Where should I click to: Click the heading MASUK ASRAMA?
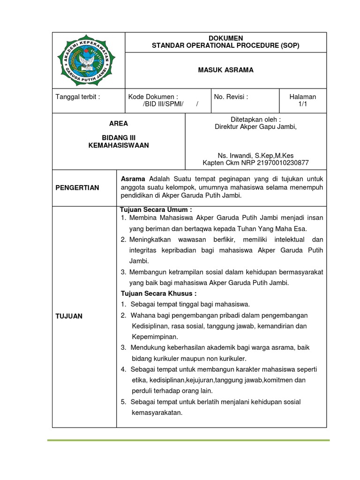pos(226,70)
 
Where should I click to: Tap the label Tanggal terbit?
pos(78,97)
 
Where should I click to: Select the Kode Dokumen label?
pos(153,97)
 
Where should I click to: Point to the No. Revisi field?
pos(231,97)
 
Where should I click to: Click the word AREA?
pos(118,124)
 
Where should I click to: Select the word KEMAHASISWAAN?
pos(119,145)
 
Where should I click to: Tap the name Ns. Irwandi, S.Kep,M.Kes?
pos(255,155)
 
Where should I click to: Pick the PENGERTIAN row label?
pos(78,187)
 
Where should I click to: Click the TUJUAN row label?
pos(69,316)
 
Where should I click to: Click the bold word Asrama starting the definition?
pos(133,179)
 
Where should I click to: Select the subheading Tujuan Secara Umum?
pos(156,210)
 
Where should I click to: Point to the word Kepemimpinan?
pos(155,337)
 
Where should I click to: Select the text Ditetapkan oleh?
pos(255,119)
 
